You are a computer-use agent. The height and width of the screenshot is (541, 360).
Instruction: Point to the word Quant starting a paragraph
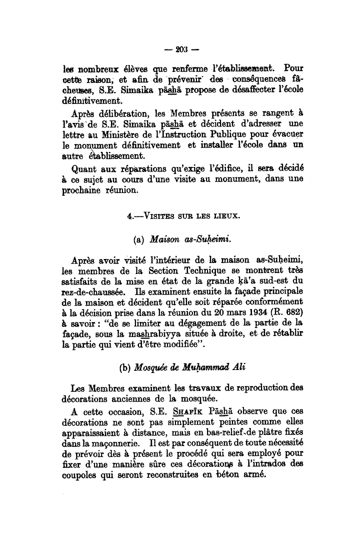coord(83,168)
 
